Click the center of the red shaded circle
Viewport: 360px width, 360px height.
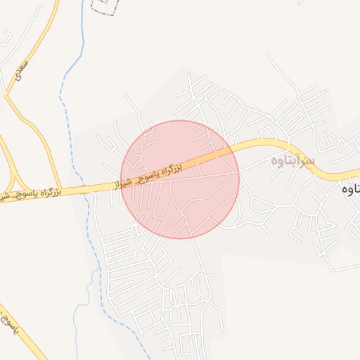180,179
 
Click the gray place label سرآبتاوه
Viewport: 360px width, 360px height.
294,161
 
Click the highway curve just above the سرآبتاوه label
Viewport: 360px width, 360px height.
274,144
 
